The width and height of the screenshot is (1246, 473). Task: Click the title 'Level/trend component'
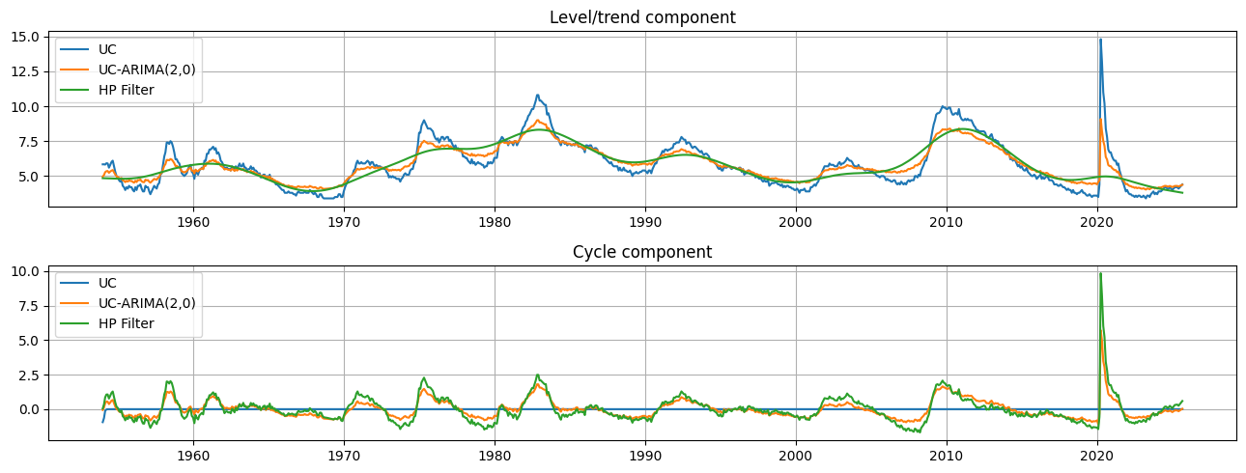(642, 17)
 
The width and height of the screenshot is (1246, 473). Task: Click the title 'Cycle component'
(642, 252)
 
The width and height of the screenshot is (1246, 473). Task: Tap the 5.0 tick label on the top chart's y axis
(30, 177)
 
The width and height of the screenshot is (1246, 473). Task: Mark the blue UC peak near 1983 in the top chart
(537, 95)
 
